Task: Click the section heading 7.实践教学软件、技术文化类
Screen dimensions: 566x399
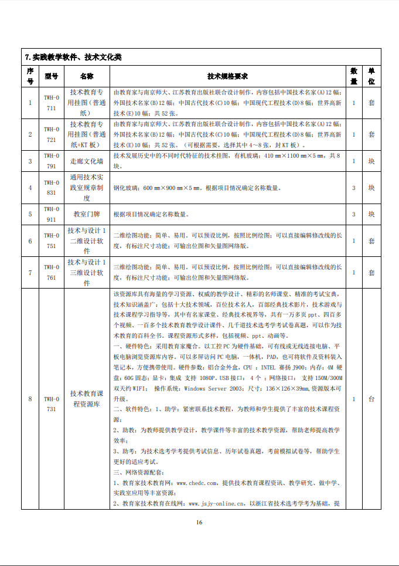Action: (x=73, y=57)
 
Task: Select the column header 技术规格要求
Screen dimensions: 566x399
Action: (x=228, y=76)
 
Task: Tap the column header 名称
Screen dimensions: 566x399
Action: (x=87, y=76)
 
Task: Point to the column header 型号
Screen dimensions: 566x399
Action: (x=52, y=76)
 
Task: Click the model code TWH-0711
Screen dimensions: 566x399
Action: (x=52, y=102)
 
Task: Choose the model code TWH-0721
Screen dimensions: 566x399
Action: (x=52, y=134)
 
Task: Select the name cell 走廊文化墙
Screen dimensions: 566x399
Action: (x=87, y=161)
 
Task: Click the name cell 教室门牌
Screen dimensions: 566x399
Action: (x=87, y=214)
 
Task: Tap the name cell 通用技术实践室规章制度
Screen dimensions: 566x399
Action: (x=87, y=188)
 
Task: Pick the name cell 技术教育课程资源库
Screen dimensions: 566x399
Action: (x=87, y=399)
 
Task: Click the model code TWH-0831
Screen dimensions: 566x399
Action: (x=52, y=188)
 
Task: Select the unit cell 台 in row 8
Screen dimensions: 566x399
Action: (x=371, y=399)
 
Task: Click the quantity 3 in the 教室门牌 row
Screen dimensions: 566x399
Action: (x=354, y=214)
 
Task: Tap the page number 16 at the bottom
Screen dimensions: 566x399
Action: (x=199, y=523)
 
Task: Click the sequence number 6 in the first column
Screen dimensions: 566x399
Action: (x=30, y=241)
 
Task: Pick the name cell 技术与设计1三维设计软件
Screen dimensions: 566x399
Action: (x=87, y=273)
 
